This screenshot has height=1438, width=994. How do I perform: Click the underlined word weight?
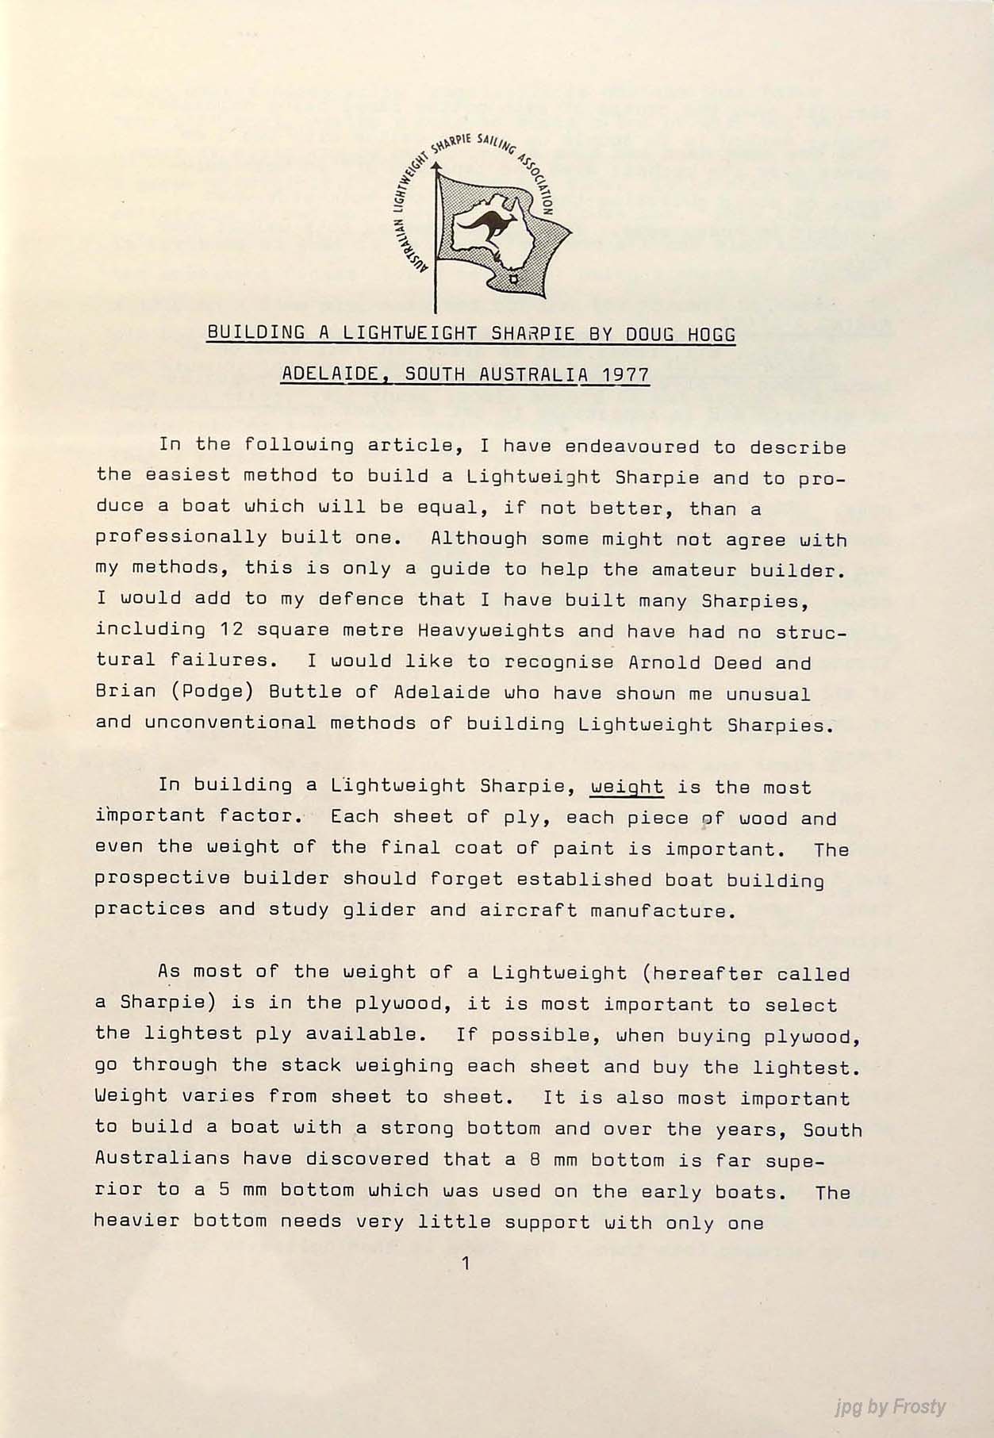pyautogui.click(x=627, y=787)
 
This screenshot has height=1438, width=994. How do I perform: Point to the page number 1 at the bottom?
pyautogui.click(x=466, y=1264)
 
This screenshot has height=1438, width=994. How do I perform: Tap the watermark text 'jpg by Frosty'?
pyautogui.click(x=890, y=1407)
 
